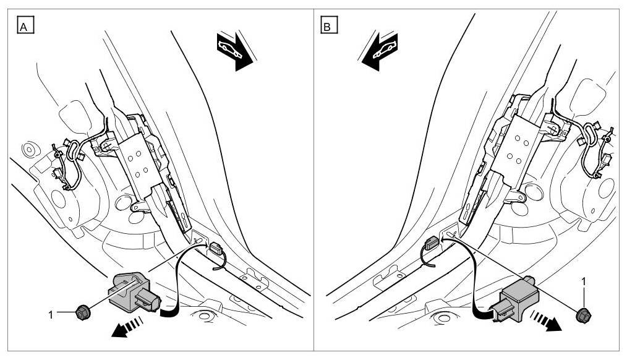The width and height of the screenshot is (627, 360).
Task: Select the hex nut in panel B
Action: tap(582, 315)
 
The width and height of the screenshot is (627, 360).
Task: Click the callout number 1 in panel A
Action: tap(51, 314)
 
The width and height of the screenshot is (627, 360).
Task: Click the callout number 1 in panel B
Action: tap(582, 281)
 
